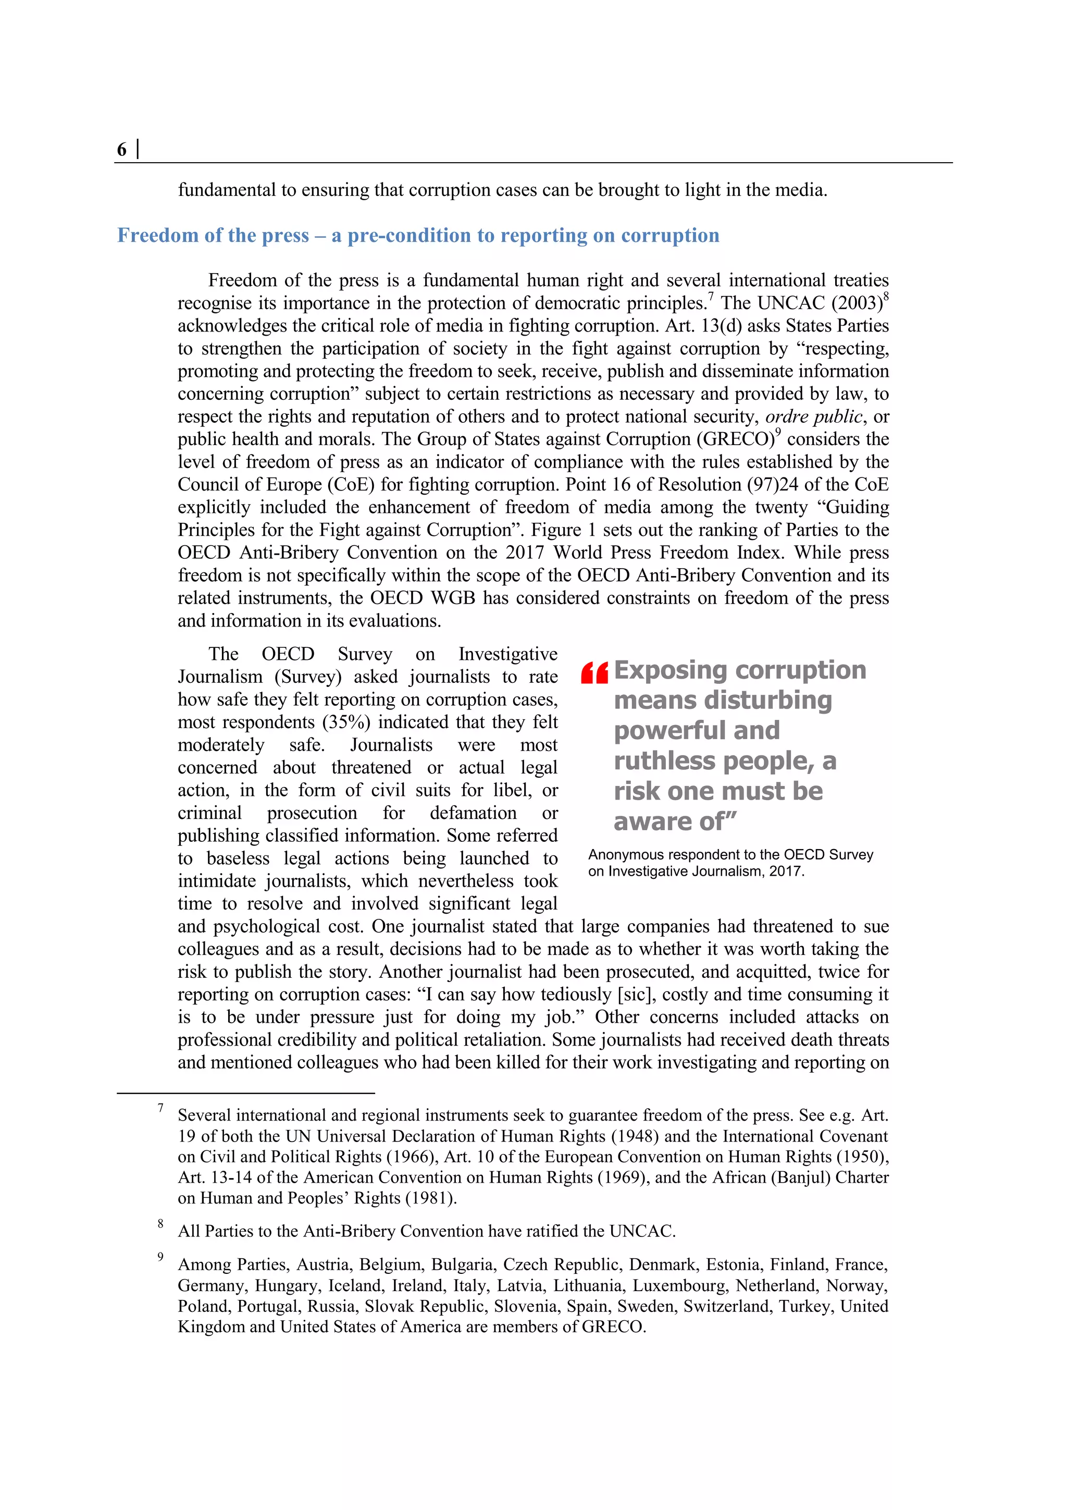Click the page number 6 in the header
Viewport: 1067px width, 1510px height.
click(x=121, y=150)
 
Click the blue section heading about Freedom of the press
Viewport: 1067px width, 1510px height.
click(x=418, y=236)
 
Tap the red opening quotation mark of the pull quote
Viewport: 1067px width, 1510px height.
click(x=594, y=673)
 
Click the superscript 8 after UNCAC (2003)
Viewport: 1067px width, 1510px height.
click(x=886, y=297)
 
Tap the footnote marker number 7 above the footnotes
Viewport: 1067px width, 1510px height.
click(x=160, y=1108)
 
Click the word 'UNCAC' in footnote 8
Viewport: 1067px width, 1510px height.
click(x=640, y=1231)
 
